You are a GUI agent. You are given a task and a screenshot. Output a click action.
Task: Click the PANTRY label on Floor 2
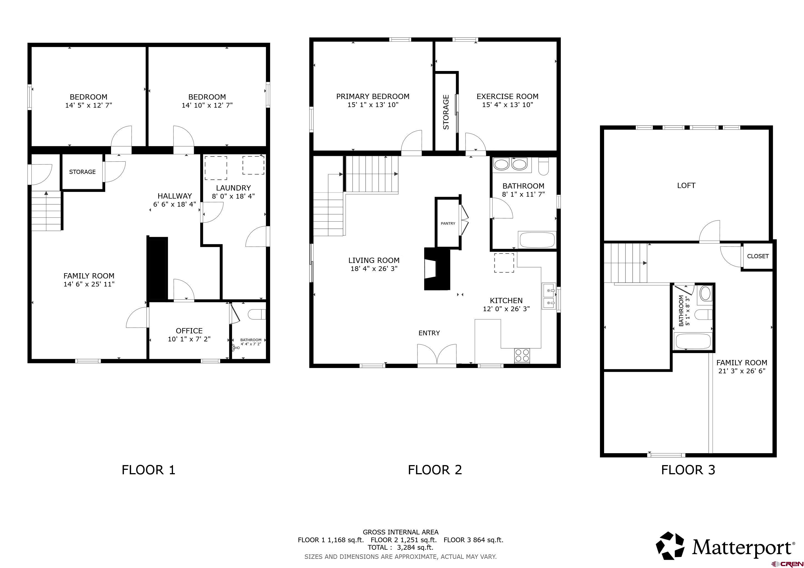448,223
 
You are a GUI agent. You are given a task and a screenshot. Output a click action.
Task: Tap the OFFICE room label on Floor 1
189,331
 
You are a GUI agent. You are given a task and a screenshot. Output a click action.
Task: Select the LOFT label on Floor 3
686,185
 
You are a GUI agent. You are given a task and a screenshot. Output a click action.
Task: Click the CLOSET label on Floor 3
758,256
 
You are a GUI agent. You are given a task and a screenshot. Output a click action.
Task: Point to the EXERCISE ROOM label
507,96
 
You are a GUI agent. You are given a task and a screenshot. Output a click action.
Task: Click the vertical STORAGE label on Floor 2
446,112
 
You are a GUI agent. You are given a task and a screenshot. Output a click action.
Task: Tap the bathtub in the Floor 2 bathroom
537,240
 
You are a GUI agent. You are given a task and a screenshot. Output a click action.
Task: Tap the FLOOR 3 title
688,470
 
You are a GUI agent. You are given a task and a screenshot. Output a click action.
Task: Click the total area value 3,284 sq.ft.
415,547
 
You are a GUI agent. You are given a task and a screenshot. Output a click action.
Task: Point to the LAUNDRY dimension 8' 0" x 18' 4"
233,196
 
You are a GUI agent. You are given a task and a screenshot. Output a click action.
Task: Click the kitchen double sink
549,296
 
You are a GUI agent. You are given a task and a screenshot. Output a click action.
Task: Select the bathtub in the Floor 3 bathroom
693,341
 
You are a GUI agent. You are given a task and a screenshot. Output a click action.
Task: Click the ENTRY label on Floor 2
429,333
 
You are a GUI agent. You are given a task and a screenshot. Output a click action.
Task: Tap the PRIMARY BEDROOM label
373,96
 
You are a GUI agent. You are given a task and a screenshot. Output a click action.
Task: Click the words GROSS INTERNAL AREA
401,532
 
